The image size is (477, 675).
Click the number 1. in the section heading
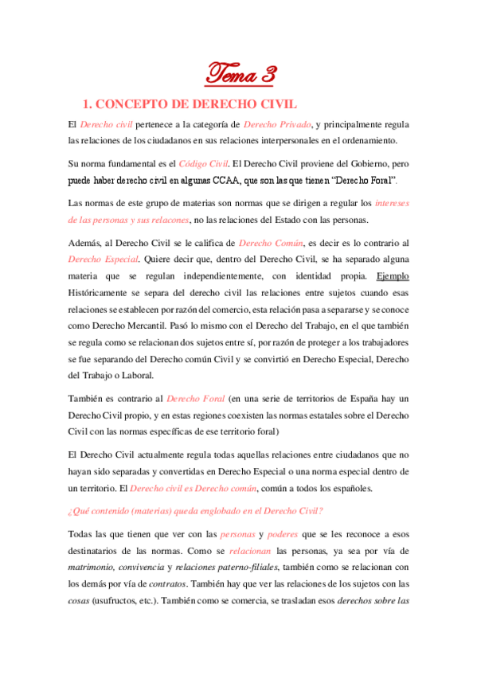(x=90, y=103)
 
